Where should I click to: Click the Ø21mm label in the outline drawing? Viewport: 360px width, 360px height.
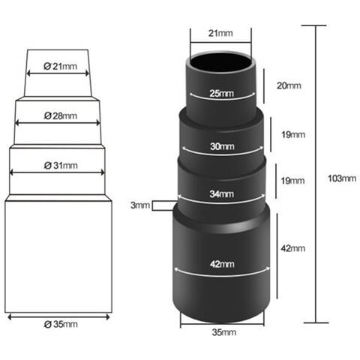click(x=60, y=66)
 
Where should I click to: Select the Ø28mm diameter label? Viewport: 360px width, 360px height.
click(x=60, y=115)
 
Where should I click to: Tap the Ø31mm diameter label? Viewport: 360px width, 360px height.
click(x=61, y=165)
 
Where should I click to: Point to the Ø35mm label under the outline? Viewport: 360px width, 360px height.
click(x=61, y=324)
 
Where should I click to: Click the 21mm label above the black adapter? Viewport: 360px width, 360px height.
click(x=220, y=33)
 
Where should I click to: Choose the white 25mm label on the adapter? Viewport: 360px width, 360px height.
click(x=222, y=93)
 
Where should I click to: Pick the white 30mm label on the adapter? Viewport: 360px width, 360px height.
click(x=222, y=146)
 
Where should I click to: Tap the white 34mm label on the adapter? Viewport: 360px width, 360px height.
click(x=222, y=193)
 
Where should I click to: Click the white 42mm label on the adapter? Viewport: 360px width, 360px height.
click(x=222, y=264)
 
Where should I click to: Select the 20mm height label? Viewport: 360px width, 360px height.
click(x=289, y=85)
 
